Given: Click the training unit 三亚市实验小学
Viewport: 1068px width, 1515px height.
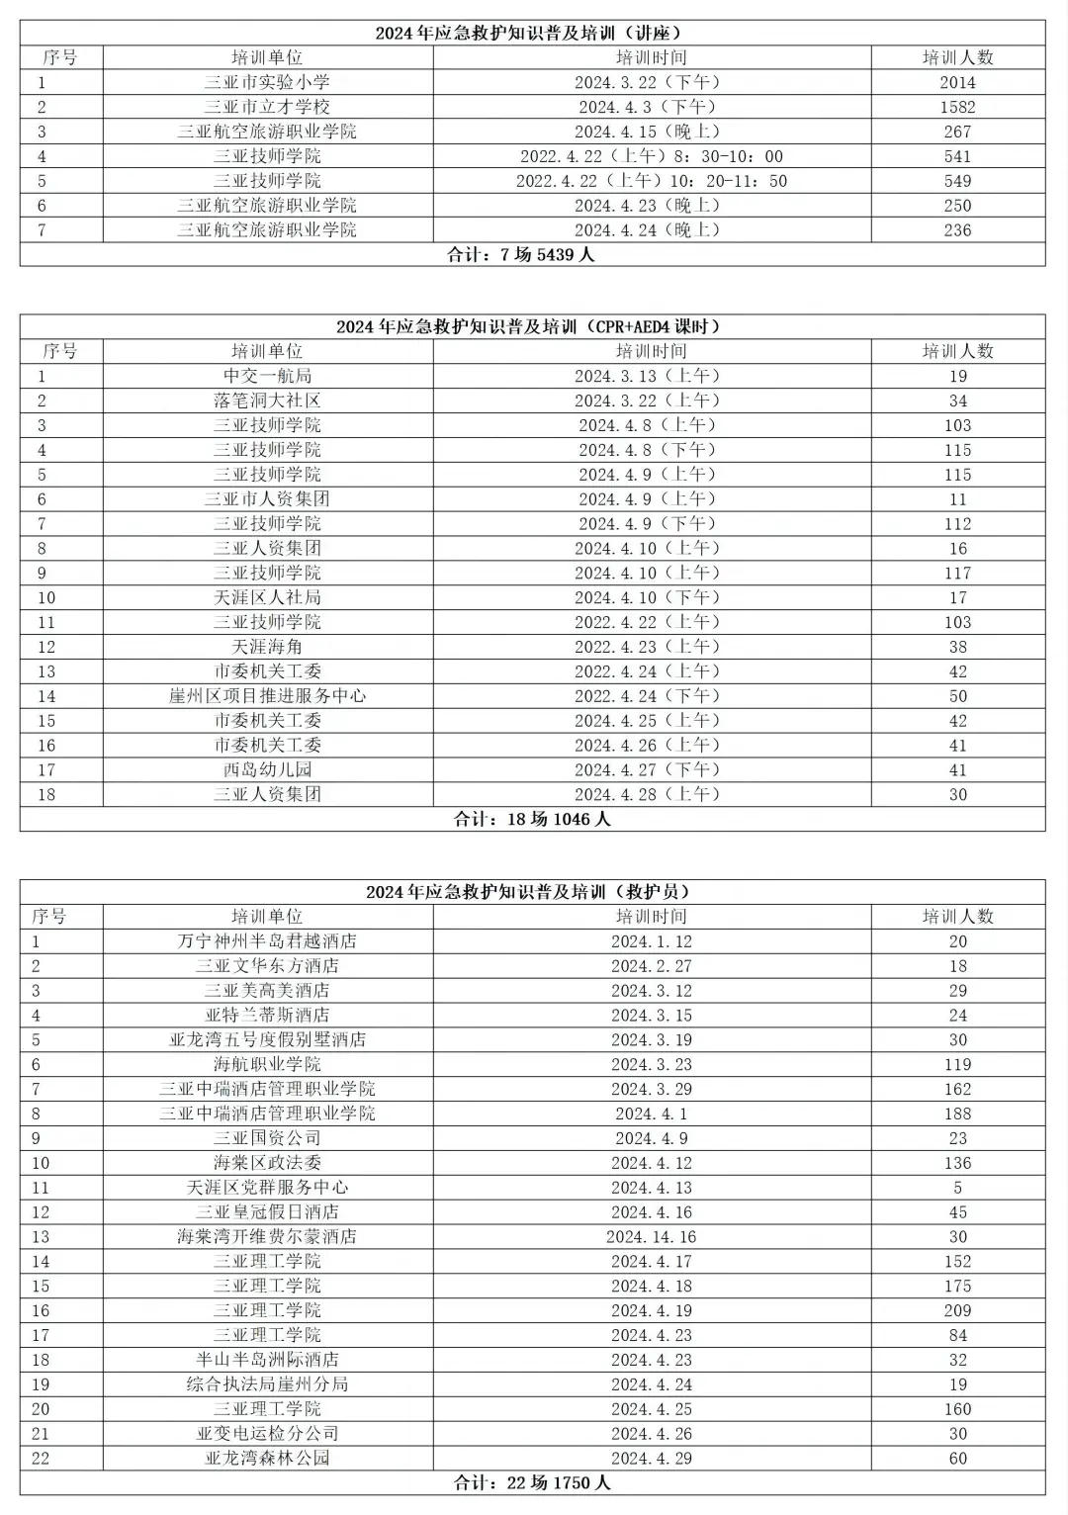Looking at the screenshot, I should point(267,82).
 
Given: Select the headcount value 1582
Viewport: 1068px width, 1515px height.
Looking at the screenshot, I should point(957,107).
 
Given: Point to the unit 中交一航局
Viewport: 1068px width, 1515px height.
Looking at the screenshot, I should point(267,376).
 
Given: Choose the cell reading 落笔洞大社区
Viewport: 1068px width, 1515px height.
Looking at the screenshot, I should point(267,401).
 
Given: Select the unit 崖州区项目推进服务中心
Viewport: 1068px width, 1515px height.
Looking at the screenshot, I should point(267,696).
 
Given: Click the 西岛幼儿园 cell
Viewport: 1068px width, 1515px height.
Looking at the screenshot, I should point(267,769).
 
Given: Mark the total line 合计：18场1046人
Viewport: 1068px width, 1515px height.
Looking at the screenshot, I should point(532,819).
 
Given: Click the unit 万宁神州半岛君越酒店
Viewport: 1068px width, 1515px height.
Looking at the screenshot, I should point(267,941).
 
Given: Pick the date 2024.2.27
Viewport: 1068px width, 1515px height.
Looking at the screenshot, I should point(652,966).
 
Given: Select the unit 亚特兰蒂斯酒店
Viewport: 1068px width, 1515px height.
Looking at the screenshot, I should point(267,1016).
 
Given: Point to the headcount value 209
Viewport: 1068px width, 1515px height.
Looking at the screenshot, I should point(957,1310).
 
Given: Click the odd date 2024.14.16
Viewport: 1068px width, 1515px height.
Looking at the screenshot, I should point(652,1237).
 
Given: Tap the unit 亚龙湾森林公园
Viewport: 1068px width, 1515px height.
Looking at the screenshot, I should point(267,1458).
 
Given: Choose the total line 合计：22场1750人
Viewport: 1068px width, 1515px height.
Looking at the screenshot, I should point(532,1482).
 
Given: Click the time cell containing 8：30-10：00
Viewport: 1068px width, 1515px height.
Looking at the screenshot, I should point(652,156).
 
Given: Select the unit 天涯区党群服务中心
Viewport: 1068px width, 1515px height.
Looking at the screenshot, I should point(267,1188).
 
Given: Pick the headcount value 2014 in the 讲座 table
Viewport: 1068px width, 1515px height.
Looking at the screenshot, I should point(957,82).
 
